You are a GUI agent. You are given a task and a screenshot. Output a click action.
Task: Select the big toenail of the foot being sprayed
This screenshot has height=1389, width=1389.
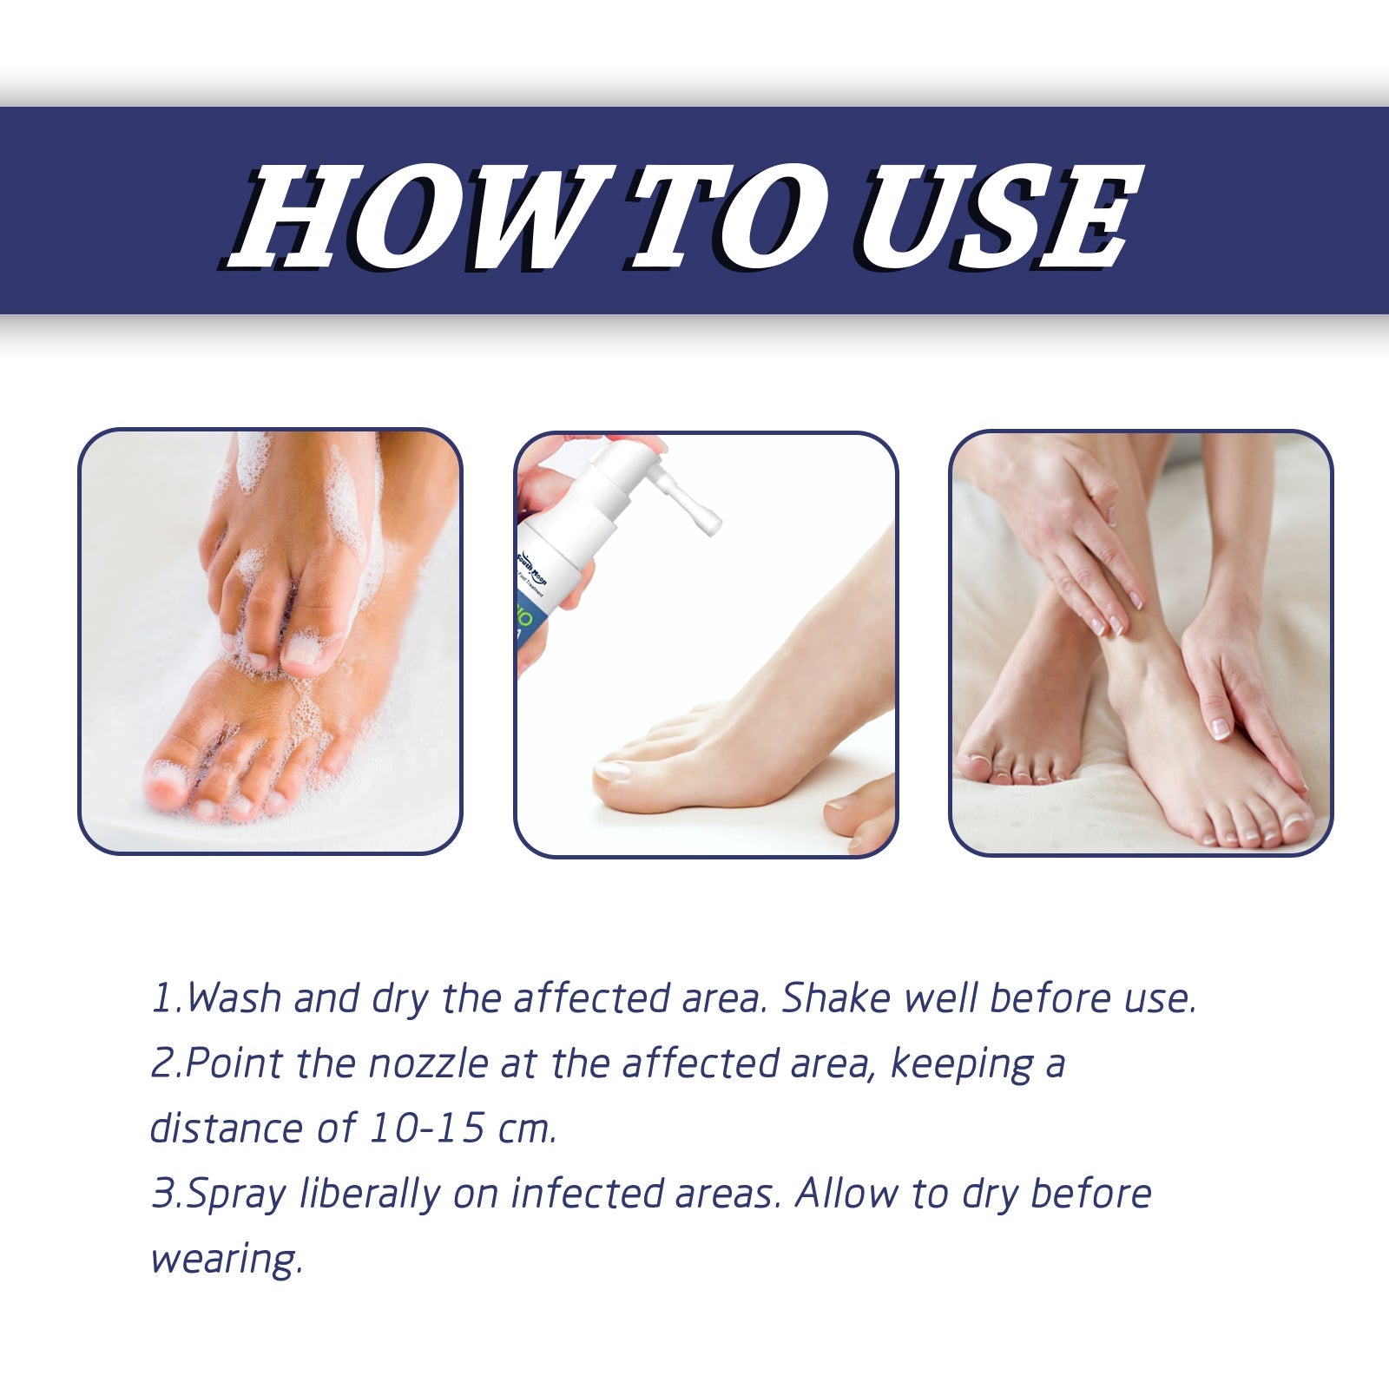[613, 769]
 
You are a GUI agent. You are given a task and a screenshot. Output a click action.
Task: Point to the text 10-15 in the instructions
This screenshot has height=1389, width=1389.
[426, 1129]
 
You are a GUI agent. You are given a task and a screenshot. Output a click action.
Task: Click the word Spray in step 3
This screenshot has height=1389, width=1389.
[235, 1195]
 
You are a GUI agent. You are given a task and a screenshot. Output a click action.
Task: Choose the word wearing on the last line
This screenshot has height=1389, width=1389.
[225, 1260]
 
